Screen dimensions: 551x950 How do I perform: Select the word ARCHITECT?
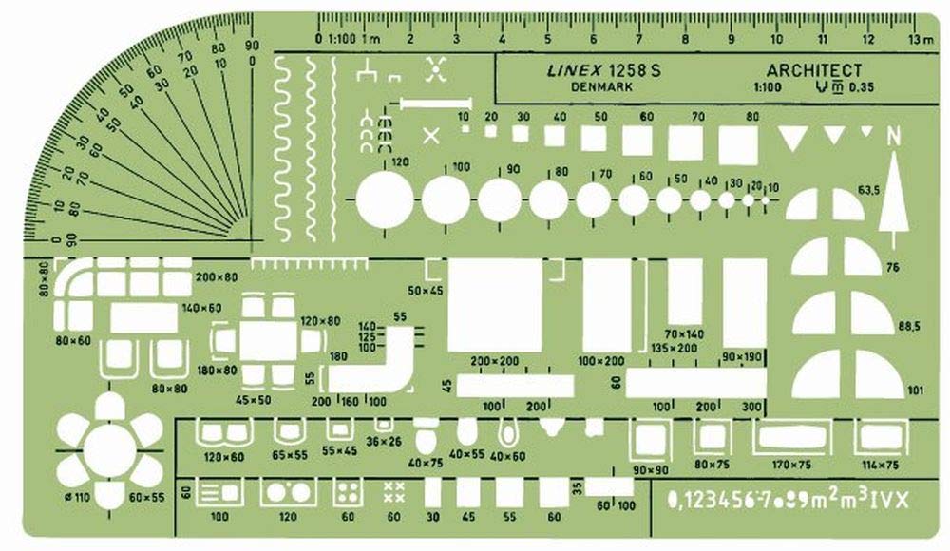point(814,70)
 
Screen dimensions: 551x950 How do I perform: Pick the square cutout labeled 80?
point(737,145)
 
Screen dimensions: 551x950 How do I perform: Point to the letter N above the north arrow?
point(893,138)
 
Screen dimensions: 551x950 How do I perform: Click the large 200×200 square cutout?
point(494,304)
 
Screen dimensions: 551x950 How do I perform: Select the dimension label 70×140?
point(684,334)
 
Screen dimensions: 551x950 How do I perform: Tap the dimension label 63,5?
point(894,191)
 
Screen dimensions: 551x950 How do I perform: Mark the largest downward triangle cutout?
point(790,137)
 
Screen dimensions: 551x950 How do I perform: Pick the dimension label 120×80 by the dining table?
point(320,321)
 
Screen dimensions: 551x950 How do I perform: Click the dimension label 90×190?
point(742,356)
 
